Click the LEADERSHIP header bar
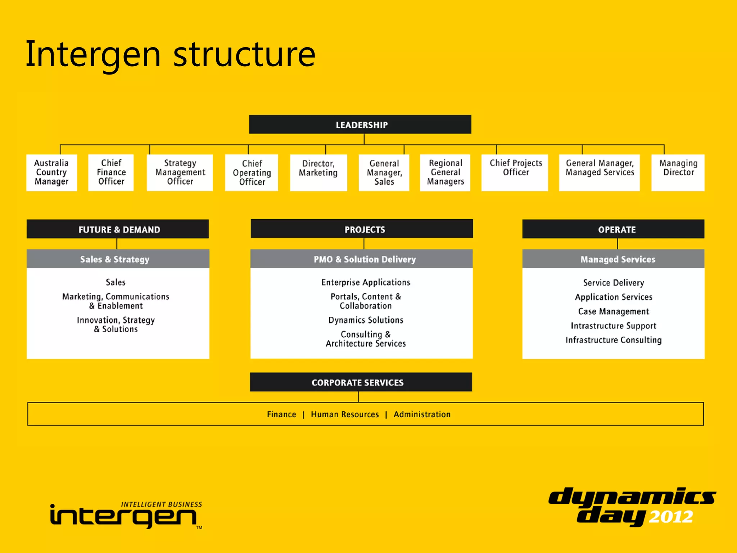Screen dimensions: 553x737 (360, 125)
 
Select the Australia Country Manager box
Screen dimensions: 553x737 (51, 172)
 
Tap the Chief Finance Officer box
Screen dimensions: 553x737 (111, 172)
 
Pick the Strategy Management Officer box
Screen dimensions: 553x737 (180, 172)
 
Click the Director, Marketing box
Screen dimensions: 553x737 (318, 172)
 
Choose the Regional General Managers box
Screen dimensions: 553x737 (445, 172)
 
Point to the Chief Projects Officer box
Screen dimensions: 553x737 (515, 172)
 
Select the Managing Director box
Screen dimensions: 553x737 (678, 172)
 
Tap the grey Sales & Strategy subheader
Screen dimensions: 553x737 (118, 259)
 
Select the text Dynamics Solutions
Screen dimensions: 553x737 (366, 320)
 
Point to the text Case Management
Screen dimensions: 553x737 (614, 311)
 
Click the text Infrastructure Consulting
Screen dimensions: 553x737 (614, 340)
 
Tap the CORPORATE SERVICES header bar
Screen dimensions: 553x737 (361, 382)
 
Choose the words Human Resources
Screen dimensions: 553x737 (345, 414)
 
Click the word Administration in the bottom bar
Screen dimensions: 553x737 (422, 414)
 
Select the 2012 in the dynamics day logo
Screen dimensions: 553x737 (671, 517)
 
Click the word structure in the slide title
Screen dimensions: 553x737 (244, 55)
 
